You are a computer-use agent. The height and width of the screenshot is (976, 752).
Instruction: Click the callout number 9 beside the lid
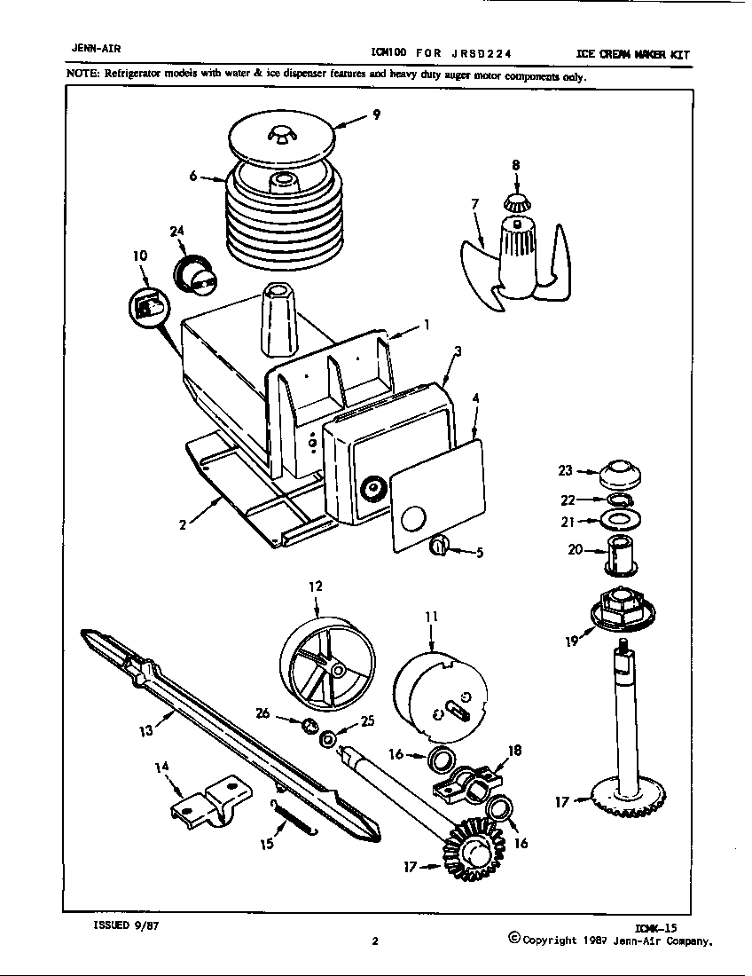point(376,114)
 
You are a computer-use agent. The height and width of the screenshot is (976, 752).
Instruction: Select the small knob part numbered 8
point(515,200)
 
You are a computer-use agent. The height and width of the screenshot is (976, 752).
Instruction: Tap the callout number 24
point(176,232)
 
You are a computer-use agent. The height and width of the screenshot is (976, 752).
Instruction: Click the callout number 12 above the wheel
point(316,586)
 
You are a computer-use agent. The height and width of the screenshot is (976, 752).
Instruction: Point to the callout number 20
point(575,549)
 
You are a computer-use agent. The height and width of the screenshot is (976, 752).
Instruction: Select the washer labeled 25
point(328,737)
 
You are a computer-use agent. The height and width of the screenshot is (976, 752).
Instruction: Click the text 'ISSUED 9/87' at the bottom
point(126,925)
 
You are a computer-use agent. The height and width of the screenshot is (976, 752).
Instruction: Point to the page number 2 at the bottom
point(375,942)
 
